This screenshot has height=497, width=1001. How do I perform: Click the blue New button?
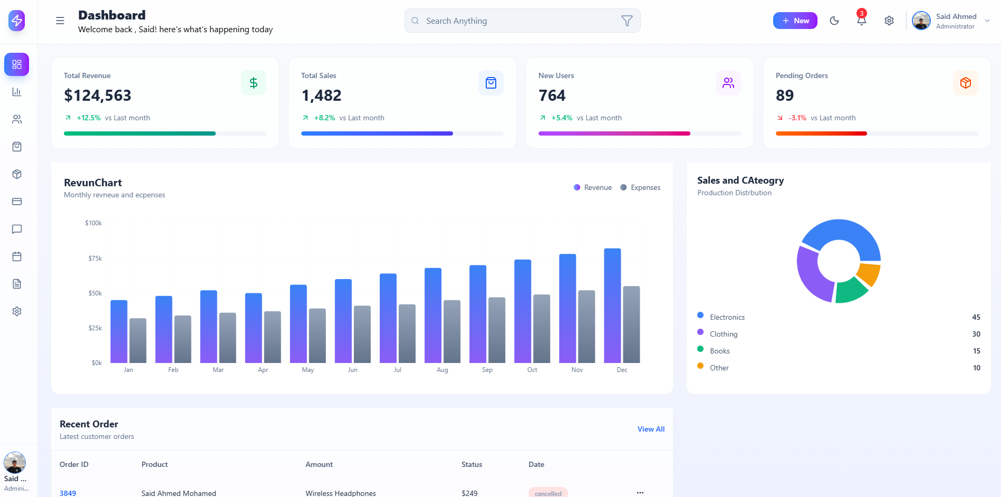pyautogui.click(x=795, y=21)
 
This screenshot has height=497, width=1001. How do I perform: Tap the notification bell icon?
pyautogui.click(x=861, y=21)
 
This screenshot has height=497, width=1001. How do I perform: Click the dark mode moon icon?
pyautogui.click(x=834, y=21)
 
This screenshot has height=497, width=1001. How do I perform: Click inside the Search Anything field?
pyautogui.click(x=517, y=21)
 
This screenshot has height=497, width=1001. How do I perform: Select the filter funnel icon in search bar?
pyautogui.click(x=627, y=21)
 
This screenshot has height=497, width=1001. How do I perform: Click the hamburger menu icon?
pyautogui.click(x=60, y=21)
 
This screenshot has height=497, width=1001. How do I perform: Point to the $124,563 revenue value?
pyautogui.click(x=98, y=95)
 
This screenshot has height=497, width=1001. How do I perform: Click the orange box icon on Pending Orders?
pyautogui.click(x=965, y=83)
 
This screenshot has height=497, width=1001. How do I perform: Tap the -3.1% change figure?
pyautogui.click(x=797, y=118)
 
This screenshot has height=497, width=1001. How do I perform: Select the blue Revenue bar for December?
pyautogui.click(x=612, y=306)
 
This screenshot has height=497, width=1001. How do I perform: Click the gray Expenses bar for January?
pyautogui.click(x=138, y=340)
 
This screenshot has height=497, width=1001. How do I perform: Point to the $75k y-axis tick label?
pyautogui.click(x=95, y=258)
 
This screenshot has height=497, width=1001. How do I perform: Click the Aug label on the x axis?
pyautogui.click(x=442, y=370)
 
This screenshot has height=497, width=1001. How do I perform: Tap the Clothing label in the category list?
pyautogui.click(x=723, y=334)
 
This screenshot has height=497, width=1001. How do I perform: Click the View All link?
pyautogui.click(x=650, y=429)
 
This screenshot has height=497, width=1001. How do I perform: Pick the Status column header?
pyautogui.click(x=471, y=464)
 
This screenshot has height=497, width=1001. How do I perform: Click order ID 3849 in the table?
pyautogui.click(x=68, y=493)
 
